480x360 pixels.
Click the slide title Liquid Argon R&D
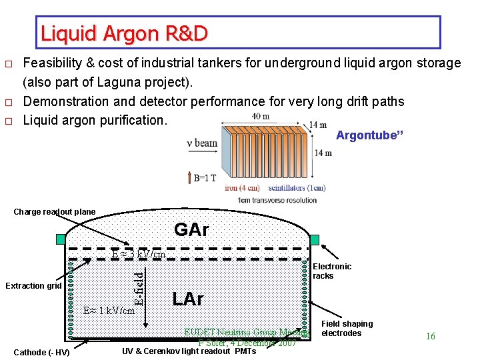pyautogui.click(x=124, y=33)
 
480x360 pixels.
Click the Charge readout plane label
pyautogui.click(x=55, y=212)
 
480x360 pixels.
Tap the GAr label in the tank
pyautogui.click(x=191, y=231)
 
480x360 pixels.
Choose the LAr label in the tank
pyautogui.click(x=187, y=299)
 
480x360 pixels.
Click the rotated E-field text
pyautogui.click(x=139, y=287)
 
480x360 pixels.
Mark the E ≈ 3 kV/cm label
pyautogui.click(x=139, y=254)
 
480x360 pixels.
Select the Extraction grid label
pyautogui.click(x=33, y=286)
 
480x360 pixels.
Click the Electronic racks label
pyautogui.click(x=332, y=271)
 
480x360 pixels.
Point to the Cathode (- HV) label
pyautogui.click(x=41, y=352)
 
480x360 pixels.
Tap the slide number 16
pyautogui.click(x=430, y=337)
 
